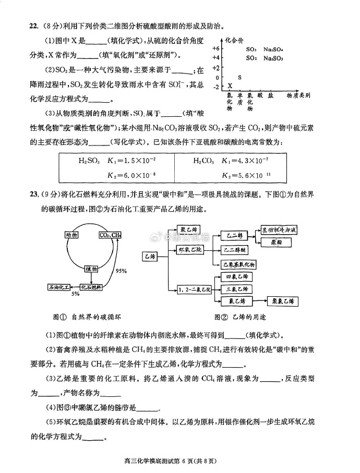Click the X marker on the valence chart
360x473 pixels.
[230, 86]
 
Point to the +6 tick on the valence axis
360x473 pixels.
[216, 48]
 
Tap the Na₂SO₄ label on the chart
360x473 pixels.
[273, 48]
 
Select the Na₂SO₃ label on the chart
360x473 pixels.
[273, 58]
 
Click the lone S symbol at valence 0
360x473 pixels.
[239, 77]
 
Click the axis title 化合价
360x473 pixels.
[235, 39]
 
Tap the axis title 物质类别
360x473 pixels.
[298, 96]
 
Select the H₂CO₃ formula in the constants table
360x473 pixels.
[203, 161]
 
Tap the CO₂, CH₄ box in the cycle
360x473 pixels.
[110, 236]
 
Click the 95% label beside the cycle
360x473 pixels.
[121, 271]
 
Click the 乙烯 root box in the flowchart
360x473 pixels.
[150, 256]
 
